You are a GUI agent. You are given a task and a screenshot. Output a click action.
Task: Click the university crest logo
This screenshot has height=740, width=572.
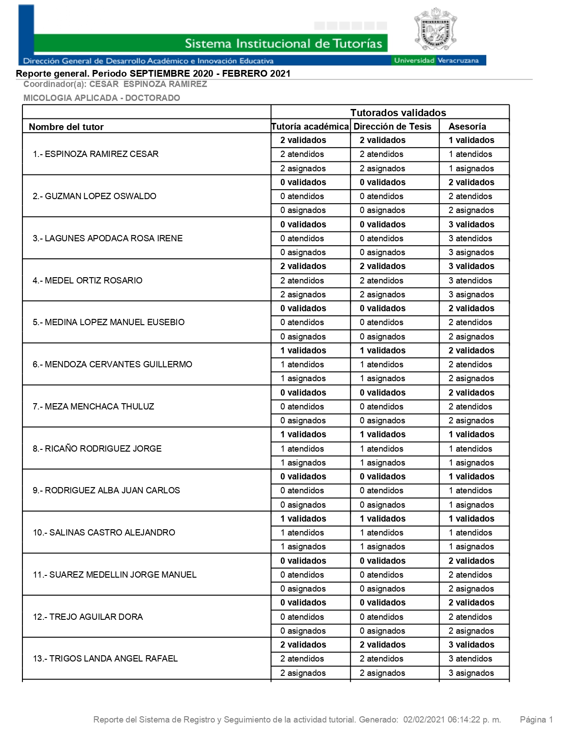[435, 30]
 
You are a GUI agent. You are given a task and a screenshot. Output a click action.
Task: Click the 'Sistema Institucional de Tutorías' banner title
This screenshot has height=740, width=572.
[284, 44]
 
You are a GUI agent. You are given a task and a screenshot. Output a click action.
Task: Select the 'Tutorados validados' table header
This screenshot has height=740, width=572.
[398, 113]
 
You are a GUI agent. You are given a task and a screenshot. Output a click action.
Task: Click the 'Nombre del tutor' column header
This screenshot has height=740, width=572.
[66, 127]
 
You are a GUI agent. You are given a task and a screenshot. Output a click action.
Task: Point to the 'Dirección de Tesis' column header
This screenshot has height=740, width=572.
[392, 126]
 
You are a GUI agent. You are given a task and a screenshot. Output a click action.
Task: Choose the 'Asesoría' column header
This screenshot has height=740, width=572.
[467, 126]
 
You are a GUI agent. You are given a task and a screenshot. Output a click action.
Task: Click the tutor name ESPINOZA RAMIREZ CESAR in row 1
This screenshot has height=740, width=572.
[96, 154]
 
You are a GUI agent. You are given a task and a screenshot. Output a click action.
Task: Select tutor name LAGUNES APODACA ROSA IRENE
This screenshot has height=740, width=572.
[108, 238]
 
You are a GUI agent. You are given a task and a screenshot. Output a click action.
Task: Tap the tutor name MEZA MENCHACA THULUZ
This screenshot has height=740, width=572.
[93, 406]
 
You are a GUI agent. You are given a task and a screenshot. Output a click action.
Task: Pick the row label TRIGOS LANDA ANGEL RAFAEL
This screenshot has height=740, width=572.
[105, 658]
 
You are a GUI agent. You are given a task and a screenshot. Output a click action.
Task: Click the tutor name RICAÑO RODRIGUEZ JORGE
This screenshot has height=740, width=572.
[97, 448]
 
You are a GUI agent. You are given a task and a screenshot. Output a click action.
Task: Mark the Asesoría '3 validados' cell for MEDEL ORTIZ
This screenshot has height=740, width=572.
[471, 266]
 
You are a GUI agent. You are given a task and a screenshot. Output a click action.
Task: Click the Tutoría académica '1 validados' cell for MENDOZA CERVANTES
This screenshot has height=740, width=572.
[303, 350]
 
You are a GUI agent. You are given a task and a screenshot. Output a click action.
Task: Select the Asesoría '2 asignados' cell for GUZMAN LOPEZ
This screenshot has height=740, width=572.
[471, 210]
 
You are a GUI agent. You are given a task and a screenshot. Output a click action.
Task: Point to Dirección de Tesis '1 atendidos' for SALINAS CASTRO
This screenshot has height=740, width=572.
[381, 532]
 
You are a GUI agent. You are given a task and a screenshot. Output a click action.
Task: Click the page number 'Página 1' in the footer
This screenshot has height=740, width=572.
[536, 720]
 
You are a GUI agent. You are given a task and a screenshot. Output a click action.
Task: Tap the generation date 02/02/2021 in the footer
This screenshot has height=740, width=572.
[424, 720]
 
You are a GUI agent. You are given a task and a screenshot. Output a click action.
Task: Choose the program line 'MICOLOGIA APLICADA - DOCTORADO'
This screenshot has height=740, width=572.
[102, 98]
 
